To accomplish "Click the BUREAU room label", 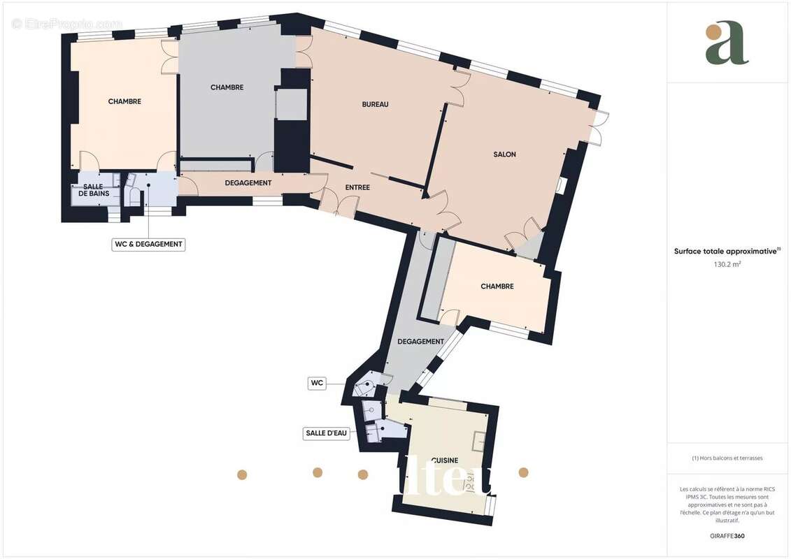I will point(375,104).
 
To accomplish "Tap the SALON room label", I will point(504,154).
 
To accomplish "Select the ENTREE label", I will point(357,187).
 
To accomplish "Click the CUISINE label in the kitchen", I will point(444,460).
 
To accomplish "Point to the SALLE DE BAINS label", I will point(93,189).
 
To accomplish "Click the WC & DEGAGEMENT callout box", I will point(148,245).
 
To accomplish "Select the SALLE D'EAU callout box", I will point(327,433).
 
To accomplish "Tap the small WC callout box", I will point(317,383).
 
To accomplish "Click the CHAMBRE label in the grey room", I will point(227,87).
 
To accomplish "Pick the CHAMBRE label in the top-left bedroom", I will point(124,101).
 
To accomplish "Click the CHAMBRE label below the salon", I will point(497,286).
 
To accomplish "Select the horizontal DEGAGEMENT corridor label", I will point(248,183).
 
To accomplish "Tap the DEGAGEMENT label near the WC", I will point(420,342).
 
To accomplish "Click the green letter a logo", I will point(727,43).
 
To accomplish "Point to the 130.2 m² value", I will point(727,265).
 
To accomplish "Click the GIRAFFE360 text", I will point(727,537).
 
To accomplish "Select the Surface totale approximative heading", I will point(726,252).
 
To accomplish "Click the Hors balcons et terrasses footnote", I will point(727,458).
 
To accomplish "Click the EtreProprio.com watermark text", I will point(66,24).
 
